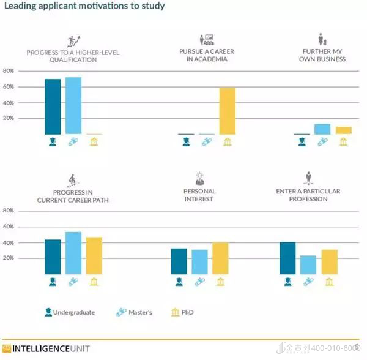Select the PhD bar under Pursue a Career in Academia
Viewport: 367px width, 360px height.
(x=228, y=111)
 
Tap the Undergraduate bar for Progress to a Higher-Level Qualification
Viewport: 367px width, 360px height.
(x=53, y=107)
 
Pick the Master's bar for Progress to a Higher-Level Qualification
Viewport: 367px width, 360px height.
(x=73, y=106)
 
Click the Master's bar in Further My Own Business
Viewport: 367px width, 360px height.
(x=322, y=129)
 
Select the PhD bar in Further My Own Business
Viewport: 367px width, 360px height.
(x=344, y=130)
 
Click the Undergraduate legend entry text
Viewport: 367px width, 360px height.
(x=74, y=312)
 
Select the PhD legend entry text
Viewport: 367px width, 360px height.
(x=188, y=312)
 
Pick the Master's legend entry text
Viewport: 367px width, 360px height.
(x=140, y=312)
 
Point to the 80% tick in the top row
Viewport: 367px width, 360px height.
(x=9, y=70)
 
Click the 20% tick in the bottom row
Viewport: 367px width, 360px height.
(x=9, y=258)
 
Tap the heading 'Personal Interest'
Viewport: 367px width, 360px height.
(x=199, y=195)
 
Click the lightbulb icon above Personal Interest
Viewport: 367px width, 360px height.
(x=199, y=179)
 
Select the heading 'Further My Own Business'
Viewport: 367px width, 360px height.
(x=322, y=56)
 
